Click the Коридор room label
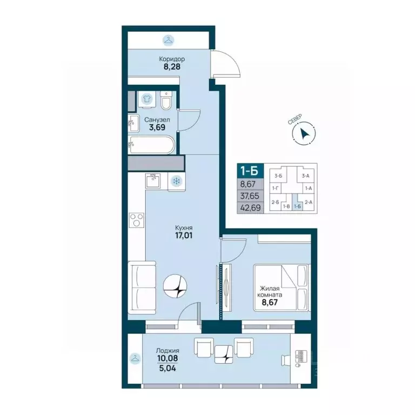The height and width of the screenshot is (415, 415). click(x=171, y=59)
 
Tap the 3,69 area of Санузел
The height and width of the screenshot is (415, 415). click(x=157, y=128)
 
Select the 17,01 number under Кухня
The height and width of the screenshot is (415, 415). click(x=184, y=235)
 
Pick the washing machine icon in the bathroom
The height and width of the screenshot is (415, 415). click(x=146, y=99)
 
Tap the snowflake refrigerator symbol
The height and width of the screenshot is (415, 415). click(x=176, y=182)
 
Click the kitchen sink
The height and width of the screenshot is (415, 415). click(x=153, y=181)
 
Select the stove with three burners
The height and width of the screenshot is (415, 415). click(x=137, y=220)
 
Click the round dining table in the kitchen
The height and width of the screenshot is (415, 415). click(x=175, y=285)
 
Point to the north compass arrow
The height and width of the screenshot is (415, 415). click(x=304, y=133)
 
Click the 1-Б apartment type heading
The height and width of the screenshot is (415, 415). click(x=249, y=171)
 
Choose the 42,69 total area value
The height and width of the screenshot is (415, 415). click(x=250, y=207)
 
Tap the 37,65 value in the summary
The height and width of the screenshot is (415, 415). click(x=250, y=196)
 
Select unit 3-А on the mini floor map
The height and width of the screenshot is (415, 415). click(x=305, y=176)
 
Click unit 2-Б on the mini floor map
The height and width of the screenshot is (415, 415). click(x=275, y=202)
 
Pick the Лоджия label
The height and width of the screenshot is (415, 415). click(x=168, y=351)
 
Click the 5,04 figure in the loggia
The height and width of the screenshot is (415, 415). click(x=168, y=368)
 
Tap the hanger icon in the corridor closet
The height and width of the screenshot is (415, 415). click(x=169, y=40)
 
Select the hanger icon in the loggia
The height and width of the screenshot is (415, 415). click(x=135, y=359)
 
